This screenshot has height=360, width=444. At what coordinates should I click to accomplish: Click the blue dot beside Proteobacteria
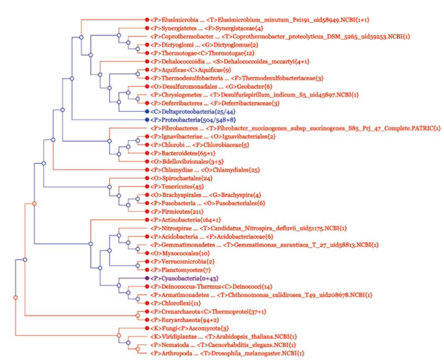tap(146, 120)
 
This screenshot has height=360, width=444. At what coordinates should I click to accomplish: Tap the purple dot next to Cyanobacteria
tap(146, 279)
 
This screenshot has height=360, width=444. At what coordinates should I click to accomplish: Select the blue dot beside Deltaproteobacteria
tap(146, 111)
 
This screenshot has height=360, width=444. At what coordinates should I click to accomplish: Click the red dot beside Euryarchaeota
tap(146, 320)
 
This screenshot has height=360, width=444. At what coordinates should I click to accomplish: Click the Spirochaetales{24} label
tap(177, 178)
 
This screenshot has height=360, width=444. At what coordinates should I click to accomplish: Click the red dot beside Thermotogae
tap(146, 53)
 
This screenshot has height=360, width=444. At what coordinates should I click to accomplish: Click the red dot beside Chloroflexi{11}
tap(146, 303)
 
